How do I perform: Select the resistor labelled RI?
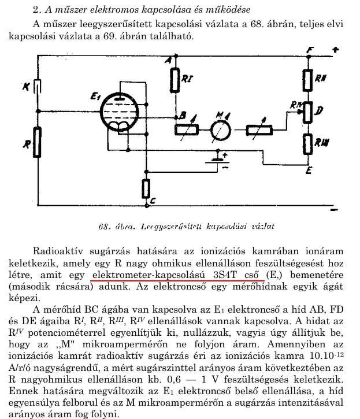click(x=174, y=79)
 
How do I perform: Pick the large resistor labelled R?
click(x=38, y=142)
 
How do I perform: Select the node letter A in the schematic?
click(x=168, y=60)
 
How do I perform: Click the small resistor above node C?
click(x=146, y=188)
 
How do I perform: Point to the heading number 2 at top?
click(x=35, y=10)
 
